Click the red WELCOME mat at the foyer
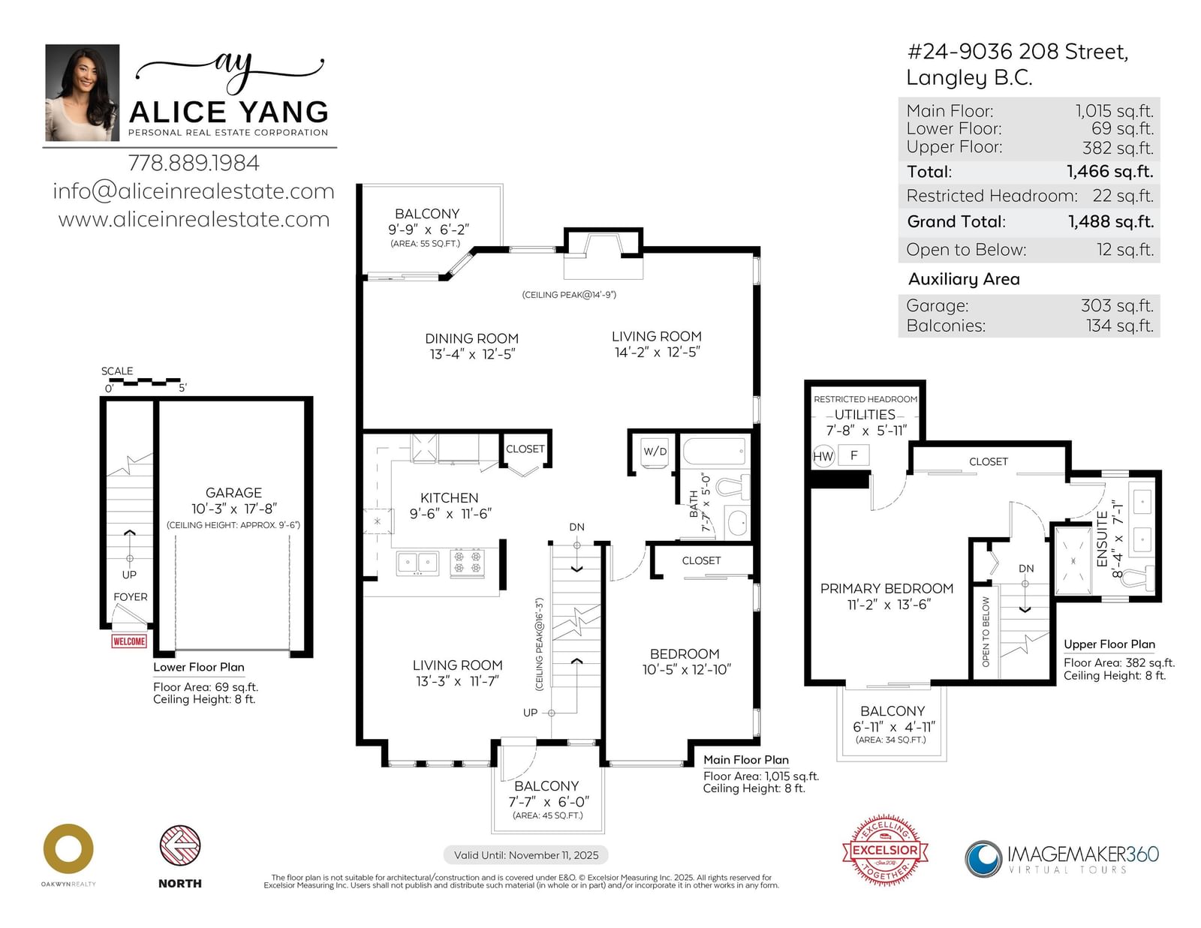coord(129,641)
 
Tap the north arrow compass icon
coord(180,845)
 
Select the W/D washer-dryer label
coord(655,452)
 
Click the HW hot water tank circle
coord(823,456)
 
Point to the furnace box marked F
coord(854,455)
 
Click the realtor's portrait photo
coord(83,92)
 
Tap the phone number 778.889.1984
coord(194,163)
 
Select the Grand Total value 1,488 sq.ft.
coord(1111,221)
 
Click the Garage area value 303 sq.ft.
coord(1117,305)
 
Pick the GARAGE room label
coord(233,493)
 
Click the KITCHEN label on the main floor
coord(450,497)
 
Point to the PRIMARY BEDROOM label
coord(886,588)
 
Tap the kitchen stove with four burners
coord(467,563)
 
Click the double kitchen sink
coord(418,563)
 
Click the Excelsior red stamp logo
coord(885,850)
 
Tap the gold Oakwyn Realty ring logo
coord(68,849)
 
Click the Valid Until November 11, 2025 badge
coord(526,855)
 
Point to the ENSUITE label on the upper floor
coord(1102,539)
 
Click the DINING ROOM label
coord(471,338)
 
